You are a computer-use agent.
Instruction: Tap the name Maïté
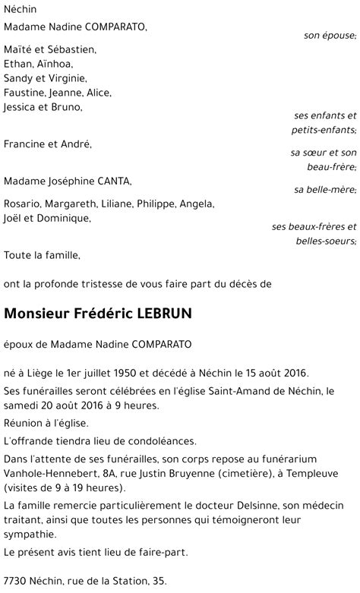tap(17, 49)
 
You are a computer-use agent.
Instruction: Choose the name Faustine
tap(24, 93)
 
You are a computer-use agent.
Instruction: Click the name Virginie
tap(67, 78)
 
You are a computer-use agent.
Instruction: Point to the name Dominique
tap(68, 218)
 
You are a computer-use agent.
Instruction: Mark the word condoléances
tap(152, 440)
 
